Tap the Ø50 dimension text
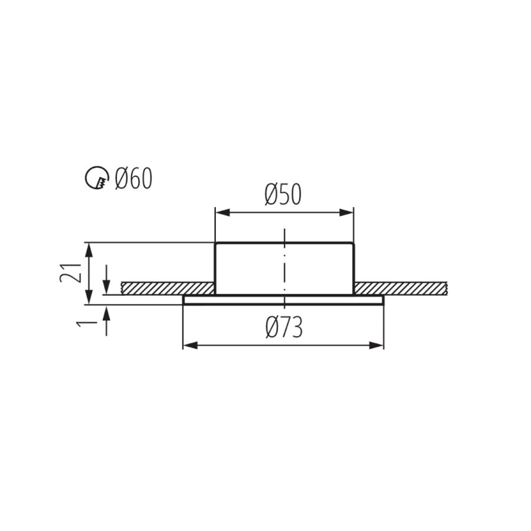pos(283,195)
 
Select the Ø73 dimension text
pos(284,328)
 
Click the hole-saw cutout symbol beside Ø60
pos(96,178)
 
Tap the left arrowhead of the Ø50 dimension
pos(223,212)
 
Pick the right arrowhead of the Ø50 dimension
pos(346,212)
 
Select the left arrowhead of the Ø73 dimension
pos(190,345)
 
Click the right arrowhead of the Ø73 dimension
pos(376,345)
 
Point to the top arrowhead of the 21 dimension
pos(89,250)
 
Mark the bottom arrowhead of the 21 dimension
pos(89,297)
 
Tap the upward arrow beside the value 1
pos(107,320)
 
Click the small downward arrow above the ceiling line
pos(107,280)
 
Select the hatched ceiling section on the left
pos(168,288)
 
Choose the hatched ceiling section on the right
pos(401,288)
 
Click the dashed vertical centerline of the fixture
pos(285,268)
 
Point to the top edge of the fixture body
pos(284,243)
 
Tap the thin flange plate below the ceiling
pos(283,300)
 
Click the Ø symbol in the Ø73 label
pos(273,328)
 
